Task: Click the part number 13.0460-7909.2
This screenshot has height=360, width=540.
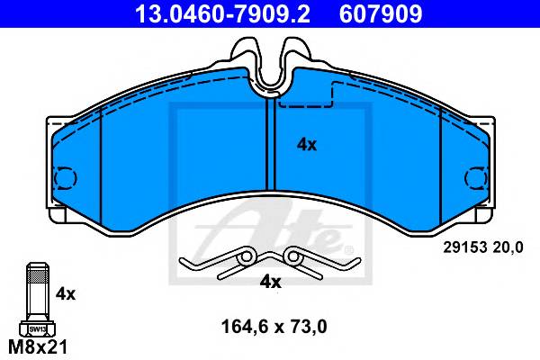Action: click(x=223, y=13)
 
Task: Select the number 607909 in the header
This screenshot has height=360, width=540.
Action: click(x=381, y=13)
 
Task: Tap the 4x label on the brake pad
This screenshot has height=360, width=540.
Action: click(x=307, y=145)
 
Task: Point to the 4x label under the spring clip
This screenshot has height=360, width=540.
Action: click(x=270, y=282)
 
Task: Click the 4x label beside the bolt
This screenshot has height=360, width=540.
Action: click(x=66, y=294)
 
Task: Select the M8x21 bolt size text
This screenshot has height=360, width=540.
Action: click(x=38, y=346)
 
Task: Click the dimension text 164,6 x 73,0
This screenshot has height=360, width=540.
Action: click(x=274, y=327)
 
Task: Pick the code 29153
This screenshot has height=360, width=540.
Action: click(x=465, y=247)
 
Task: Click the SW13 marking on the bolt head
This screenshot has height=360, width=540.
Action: click(x=38, y=329)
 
